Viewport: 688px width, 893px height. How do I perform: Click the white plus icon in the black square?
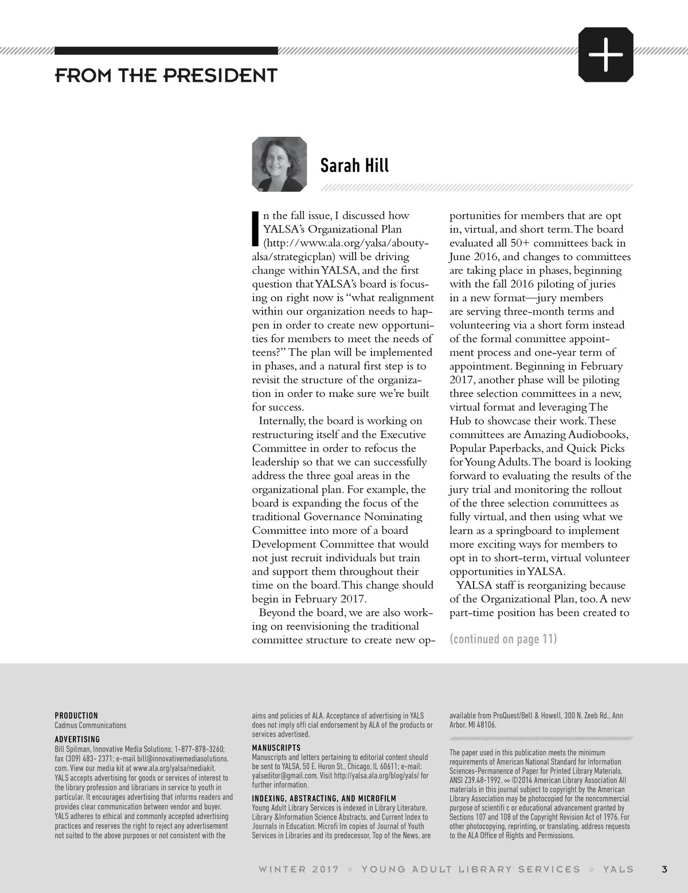pyautogui.click(x=606, y=55)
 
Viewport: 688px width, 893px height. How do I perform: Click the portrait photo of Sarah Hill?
pyautogui.click(x=279, y=164)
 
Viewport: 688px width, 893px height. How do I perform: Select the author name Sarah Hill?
pyautogui.click(x=354, y=166)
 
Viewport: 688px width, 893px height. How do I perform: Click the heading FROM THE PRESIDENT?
pyautogui.click(x=166, y=75)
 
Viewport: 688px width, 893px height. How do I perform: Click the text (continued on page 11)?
pyautogui.click(x=503, y=639)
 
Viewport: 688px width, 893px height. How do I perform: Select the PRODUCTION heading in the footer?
pyautogui.click(x=76, y=715)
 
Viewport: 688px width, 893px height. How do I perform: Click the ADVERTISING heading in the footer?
pyautogui.click(x=77, y=739)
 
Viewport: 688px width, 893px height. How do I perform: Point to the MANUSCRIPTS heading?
pyautogui.click(x=276, y=748)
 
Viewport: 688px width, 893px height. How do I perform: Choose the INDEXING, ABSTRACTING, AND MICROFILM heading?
pyautogui.click(x=324, y=798)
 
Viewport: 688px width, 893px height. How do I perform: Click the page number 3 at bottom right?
pyautogui.click(x=664, y=869)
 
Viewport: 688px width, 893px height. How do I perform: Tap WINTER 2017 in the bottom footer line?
pyautogui.click(x=299, y=869)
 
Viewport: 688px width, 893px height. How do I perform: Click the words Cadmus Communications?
pyautogui.click(x=91, y=725)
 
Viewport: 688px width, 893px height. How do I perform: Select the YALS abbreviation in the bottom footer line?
pyautogui.click(x=618, y=869)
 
